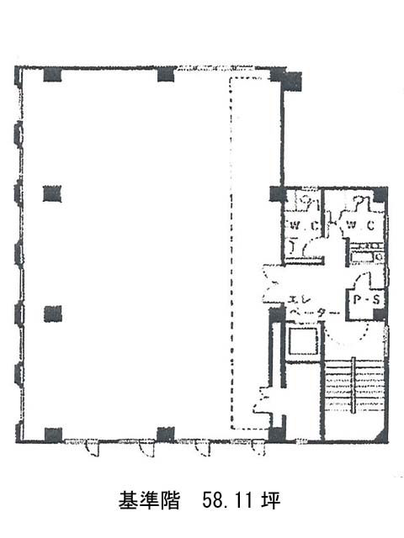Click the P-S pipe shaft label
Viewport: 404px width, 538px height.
click(x=367, y=299)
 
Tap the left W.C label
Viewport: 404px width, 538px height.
click(x=302, y=226)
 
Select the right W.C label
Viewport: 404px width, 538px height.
click(x=360, y=225)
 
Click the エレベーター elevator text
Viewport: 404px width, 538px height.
click(x=313, y=306)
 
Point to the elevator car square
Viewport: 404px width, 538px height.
click(x=302, y=341)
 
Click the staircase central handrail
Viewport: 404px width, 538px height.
click(x=353, y=386)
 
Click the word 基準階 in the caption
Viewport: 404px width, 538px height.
click(x=149, y=500)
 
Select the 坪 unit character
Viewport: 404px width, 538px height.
click(x=270, y=500)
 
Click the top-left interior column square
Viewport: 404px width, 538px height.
click(x=52, y=75)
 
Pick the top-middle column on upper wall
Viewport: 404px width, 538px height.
click(x=166, y=75)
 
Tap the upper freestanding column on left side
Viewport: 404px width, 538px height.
click(x=52, y=193)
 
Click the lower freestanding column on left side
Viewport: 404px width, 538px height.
click(x=53, y=314)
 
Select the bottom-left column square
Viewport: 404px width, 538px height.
click(x=53, y=435)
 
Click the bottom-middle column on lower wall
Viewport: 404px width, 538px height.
click(x=166, y=434)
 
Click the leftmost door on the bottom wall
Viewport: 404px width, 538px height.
click(x=92, y=448)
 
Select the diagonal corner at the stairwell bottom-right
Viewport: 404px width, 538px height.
click(x=381, y=435)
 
